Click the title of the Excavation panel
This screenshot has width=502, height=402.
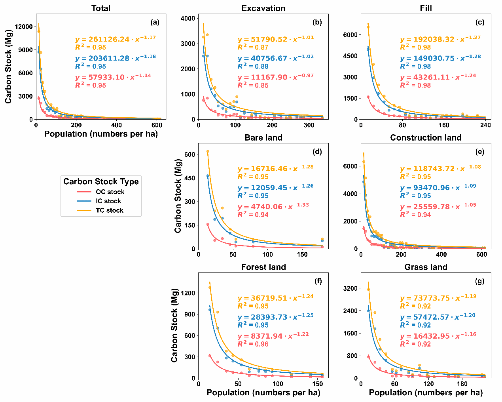(x=263, y=8)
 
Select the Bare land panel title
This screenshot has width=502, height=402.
(x=263, y=138)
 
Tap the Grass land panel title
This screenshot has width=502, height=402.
(x=426, y=267)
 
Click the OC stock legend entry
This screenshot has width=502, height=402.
(x=110, y=192)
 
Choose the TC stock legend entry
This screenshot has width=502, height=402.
(x=110, y=210)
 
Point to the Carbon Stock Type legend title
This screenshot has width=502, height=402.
(x=101, y=182)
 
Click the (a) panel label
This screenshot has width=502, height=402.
(x=155, y=22)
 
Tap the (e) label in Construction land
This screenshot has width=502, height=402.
(x=479, y=152)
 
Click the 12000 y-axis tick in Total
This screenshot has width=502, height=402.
(x=24, y=27)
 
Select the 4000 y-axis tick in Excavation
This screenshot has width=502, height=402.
(x=188, y=18)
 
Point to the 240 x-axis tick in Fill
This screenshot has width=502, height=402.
(x=485, y=125)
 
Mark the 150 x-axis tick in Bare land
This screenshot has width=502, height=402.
(x=302, y=255)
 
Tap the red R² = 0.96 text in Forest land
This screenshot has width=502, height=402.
(x=253, y=344)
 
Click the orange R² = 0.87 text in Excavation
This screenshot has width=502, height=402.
(x=253, y=48)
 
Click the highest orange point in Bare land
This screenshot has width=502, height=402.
(x=208, y=151)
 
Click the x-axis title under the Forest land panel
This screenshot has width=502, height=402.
(x=263, y=393)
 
